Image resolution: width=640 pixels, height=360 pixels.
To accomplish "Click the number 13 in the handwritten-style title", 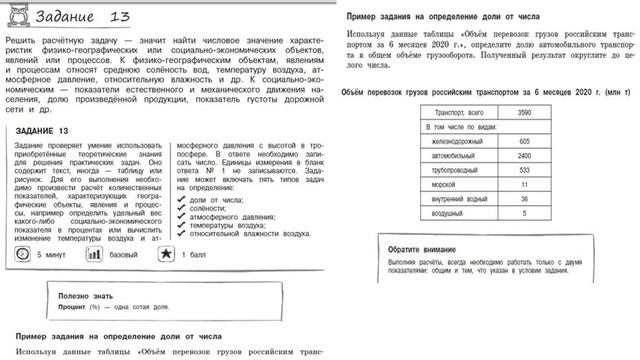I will point(122,17).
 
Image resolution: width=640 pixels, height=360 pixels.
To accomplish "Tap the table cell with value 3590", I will point(523,113).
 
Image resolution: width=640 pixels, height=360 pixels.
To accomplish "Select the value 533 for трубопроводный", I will point(523,171).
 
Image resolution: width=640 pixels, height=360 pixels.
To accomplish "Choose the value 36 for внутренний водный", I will point(523,200).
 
